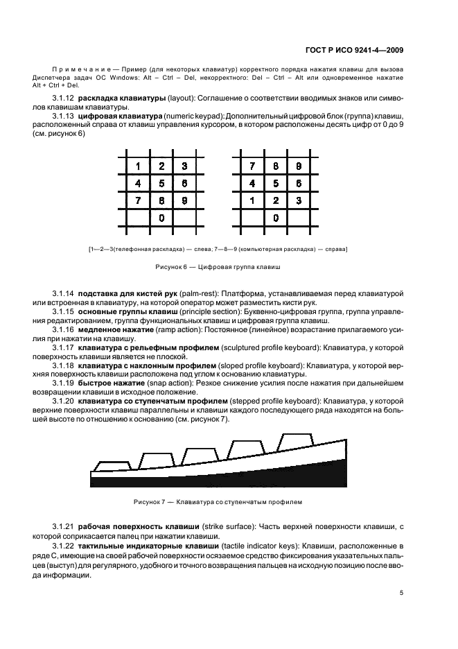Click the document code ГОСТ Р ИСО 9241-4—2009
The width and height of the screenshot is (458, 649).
point(354,49)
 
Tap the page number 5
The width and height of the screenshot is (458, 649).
point(401,592)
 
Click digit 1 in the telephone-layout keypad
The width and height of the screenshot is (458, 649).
point(138,166)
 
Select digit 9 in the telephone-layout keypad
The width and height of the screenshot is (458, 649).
point(184,201)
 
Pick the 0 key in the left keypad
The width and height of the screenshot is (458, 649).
point(161,218)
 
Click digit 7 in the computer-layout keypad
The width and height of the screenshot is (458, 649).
point(253,166)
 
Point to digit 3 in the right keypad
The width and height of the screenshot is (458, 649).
point(299,201)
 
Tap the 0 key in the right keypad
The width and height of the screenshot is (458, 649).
point(276,218)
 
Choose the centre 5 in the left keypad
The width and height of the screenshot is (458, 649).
point(161,184)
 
